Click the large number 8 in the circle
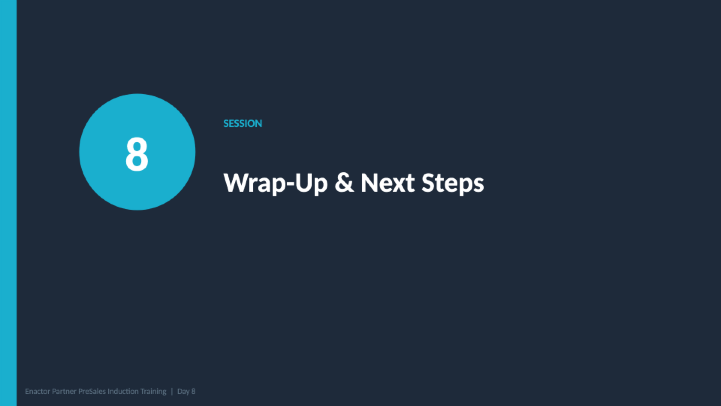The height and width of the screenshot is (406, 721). [137, 154]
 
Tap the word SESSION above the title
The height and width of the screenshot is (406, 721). [243, 123]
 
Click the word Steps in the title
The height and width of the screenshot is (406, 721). [453, 183]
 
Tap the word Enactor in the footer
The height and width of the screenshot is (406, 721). [37, 391]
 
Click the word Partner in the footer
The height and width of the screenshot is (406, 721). [64, 391]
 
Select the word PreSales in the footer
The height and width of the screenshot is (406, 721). [92, 391]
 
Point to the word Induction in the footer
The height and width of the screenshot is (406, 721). [123, 391]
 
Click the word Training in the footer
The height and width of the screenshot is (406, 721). [153, 391]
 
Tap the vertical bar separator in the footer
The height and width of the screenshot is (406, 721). [172, 391]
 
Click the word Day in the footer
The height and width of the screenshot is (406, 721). [183, 391]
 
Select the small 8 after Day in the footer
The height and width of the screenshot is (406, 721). [193, 391]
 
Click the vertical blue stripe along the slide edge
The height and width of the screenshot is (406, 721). [8, 203]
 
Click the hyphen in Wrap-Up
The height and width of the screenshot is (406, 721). [290, 184]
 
